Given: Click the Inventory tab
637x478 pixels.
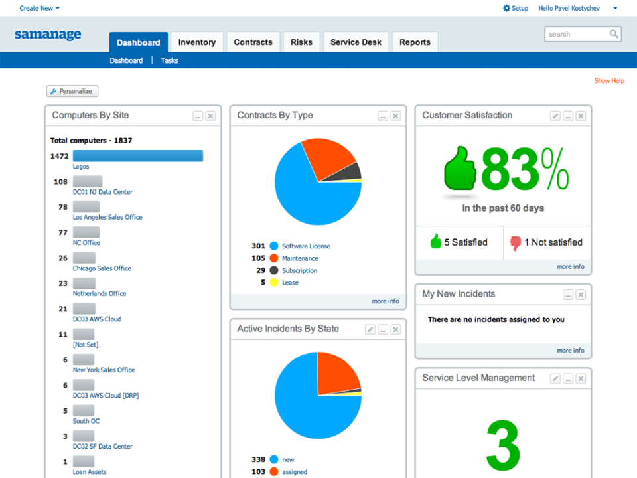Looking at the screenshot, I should point(196,42).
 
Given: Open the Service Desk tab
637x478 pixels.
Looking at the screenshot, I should point(356,42).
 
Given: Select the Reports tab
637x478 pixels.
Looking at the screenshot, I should point(415,42).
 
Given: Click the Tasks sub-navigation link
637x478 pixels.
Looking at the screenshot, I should point(169,60).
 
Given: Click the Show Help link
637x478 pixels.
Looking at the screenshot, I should point(608,81).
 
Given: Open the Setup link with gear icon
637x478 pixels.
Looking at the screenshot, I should point(516,8).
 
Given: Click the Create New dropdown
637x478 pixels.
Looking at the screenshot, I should point(39,8).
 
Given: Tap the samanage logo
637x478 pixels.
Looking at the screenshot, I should point(48,35).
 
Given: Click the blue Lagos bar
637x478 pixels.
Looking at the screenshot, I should point(137,156).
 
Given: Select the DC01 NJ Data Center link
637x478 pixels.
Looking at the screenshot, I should point(102,192).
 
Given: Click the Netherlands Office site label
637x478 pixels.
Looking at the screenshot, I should point(99,293).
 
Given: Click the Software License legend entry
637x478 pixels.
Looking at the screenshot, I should point(305,246).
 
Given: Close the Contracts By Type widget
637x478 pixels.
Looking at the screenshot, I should point(395,116).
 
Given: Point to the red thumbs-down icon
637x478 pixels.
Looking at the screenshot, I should point(516,242).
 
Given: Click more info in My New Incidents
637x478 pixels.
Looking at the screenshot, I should point(570,351).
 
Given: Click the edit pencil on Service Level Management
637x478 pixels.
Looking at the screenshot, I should point(555,378).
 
